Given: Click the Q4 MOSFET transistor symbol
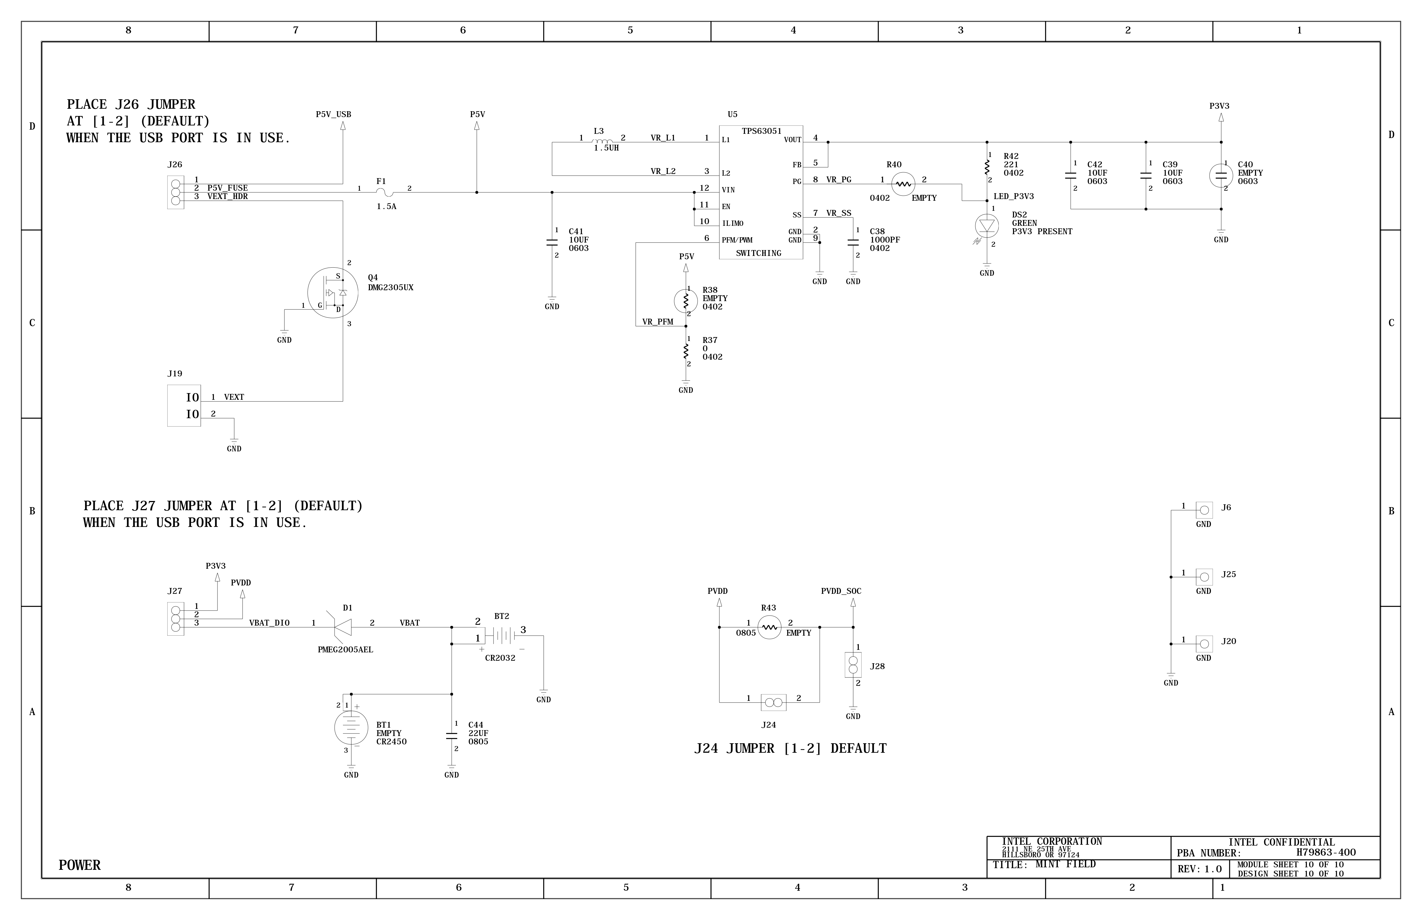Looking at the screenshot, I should [333, 293].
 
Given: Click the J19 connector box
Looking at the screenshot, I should [184, 406].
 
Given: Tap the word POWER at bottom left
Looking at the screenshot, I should [79, 865].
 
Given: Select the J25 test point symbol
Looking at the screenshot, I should [1204, 577].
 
